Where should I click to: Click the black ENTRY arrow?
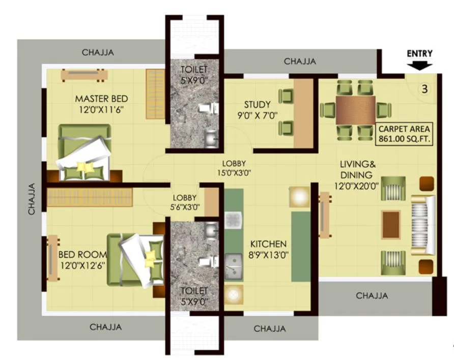pos(420,65)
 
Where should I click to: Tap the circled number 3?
pos(423,88)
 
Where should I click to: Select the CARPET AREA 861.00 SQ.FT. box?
pos(405,133)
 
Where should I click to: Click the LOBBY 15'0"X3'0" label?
pos(234,168)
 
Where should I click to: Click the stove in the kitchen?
pos(233,221)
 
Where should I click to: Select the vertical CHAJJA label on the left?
pos(32,198)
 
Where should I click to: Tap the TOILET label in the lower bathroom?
pos(193,295)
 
